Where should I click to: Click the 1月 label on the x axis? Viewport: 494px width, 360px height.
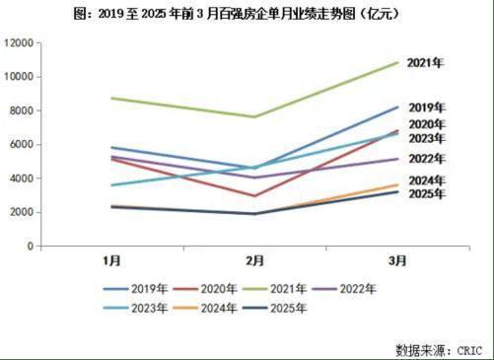click(112, 262)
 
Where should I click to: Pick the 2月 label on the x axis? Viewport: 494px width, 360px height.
click(255, 262)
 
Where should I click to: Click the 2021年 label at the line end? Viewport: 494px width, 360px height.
click(427, 63)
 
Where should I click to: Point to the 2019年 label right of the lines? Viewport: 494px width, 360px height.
click(427, 107)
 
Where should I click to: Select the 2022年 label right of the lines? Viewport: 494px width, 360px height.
click(427, 158)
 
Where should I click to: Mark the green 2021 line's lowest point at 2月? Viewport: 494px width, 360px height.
click(254, 117)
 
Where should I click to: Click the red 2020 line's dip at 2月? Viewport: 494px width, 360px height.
click(254, 196)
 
